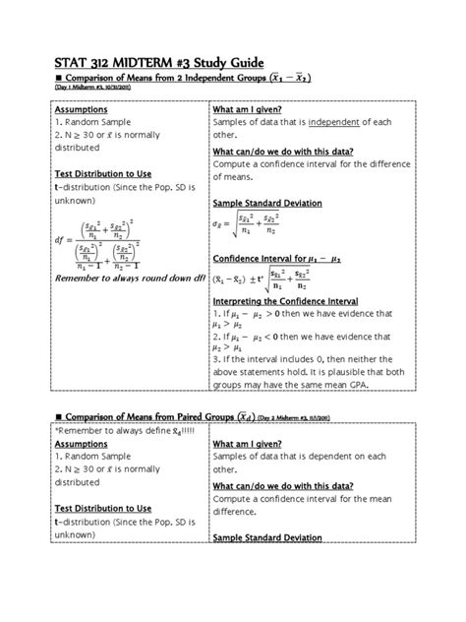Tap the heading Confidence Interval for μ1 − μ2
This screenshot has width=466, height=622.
pos(277,257)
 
